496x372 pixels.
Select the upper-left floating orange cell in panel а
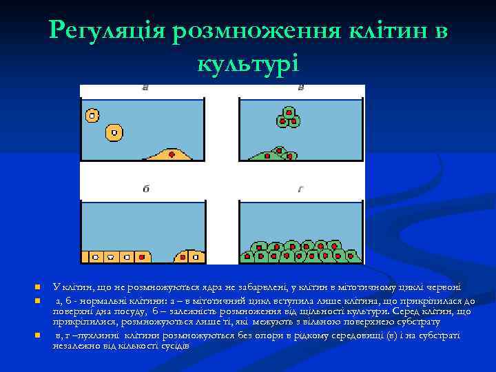92,114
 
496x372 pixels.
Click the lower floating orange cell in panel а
114,131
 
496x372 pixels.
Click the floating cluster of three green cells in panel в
289,118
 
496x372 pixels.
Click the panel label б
145,189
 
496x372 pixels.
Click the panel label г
301,189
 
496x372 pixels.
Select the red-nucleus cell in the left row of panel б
142,256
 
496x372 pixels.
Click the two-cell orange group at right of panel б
189,256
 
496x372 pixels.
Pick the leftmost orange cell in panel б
88,256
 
